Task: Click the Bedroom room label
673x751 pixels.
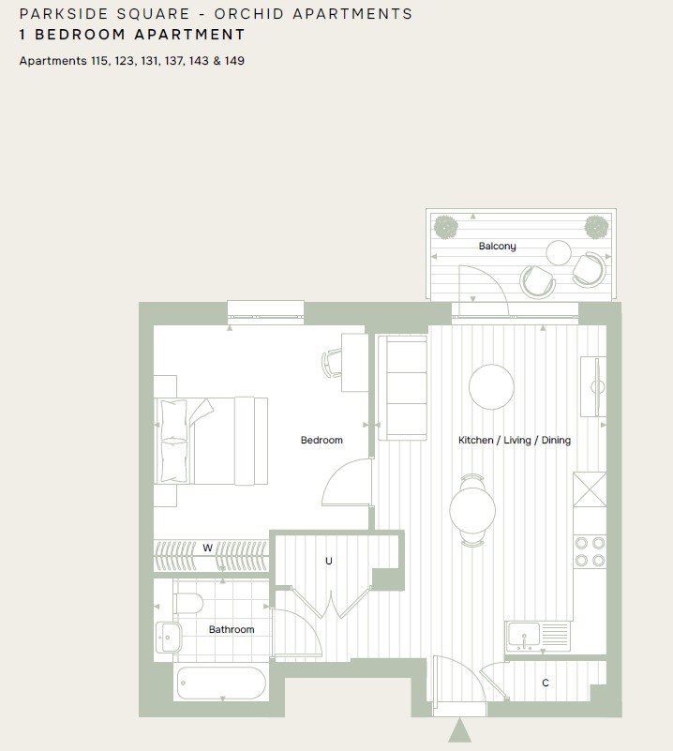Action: coord(322,440)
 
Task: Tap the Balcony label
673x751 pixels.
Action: coord(498,247)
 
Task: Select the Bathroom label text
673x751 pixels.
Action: coord(232,629)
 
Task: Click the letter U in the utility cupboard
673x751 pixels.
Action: coord(329,561)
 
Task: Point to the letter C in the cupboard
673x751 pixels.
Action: coord(546,683)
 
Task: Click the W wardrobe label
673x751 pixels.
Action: coord(207,548)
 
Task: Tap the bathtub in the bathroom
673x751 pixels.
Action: coord(221,683)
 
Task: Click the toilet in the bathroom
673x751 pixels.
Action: coord(188,604)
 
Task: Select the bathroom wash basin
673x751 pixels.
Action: coord(169,638)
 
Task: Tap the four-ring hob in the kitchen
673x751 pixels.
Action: coord(591,551)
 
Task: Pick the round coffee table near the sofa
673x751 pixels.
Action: coord(491,387)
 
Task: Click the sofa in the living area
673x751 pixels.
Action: coord(402,388)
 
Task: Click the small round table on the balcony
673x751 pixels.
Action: coord(559,252)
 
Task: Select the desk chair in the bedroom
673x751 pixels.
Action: coord(332,363)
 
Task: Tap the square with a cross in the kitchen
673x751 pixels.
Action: coord(590,489)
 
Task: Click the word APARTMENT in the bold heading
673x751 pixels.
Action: coord(189,35)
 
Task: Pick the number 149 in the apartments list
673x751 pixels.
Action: coord(235,61)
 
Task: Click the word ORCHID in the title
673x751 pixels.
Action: coord(249,14)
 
